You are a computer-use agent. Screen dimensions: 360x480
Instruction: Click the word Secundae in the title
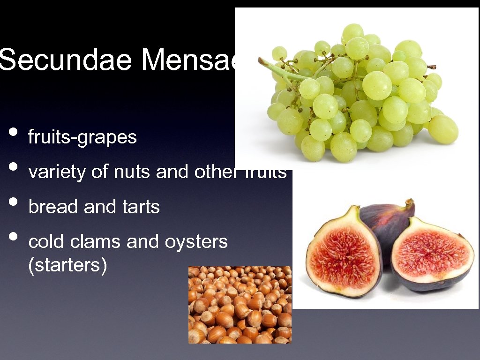point(66,60)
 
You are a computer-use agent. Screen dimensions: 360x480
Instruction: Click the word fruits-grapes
point(82,137)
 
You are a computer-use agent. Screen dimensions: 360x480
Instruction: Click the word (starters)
point(68,265)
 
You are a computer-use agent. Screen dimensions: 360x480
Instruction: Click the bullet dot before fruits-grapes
point(14,132)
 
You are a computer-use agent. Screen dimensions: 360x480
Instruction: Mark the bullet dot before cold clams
point(14,236)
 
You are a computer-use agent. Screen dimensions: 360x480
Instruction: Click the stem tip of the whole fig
point(410,203)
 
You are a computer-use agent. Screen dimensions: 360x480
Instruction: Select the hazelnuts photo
point(240,305)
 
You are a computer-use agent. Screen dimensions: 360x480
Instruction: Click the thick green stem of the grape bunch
point(281,70)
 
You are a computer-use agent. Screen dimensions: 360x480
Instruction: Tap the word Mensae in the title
point(187,60)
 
